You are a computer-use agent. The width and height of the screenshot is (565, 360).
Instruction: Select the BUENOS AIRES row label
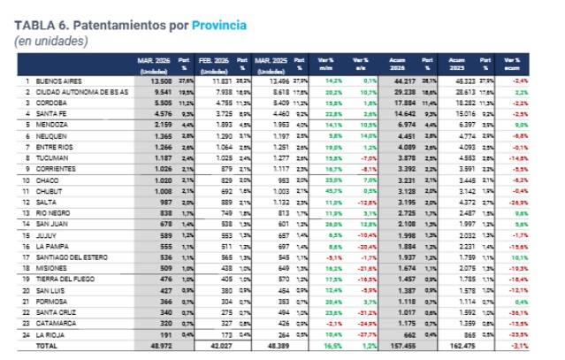pyautogui.click(x=57, y=80)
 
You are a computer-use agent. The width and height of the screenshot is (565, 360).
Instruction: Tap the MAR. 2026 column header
pyautogui.click(x=152, y=62)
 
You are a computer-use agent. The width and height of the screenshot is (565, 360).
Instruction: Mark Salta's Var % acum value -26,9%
pyautogui.click(x=521, y=203)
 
